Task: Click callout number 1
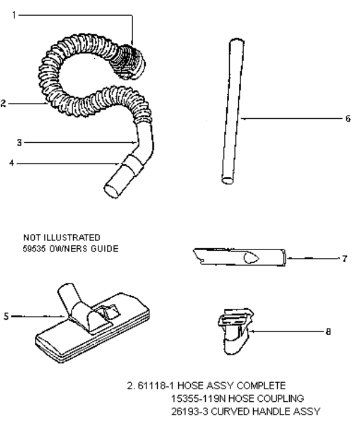(14, 15)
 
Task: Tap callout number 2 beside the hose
(3, 104)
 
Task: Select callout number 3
(19, 142)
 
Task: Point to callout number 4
(11, 163)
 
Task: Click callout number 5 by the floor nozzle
(6, 317)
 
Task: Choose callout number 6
(348, 119)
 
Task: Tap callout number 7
(345, 258)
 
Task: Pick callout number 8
(328, 332)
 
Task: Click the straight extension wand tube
(233, 112)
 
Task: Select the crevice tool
(240, 257)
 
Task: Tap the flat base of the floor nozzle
(92, 335)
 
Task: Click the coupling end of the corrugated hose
(128, 62)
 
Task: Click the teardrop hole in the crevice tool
(251, 258)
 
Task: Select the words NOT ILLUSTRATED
(62, 237)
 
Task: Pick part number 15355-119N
(199, 399)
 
